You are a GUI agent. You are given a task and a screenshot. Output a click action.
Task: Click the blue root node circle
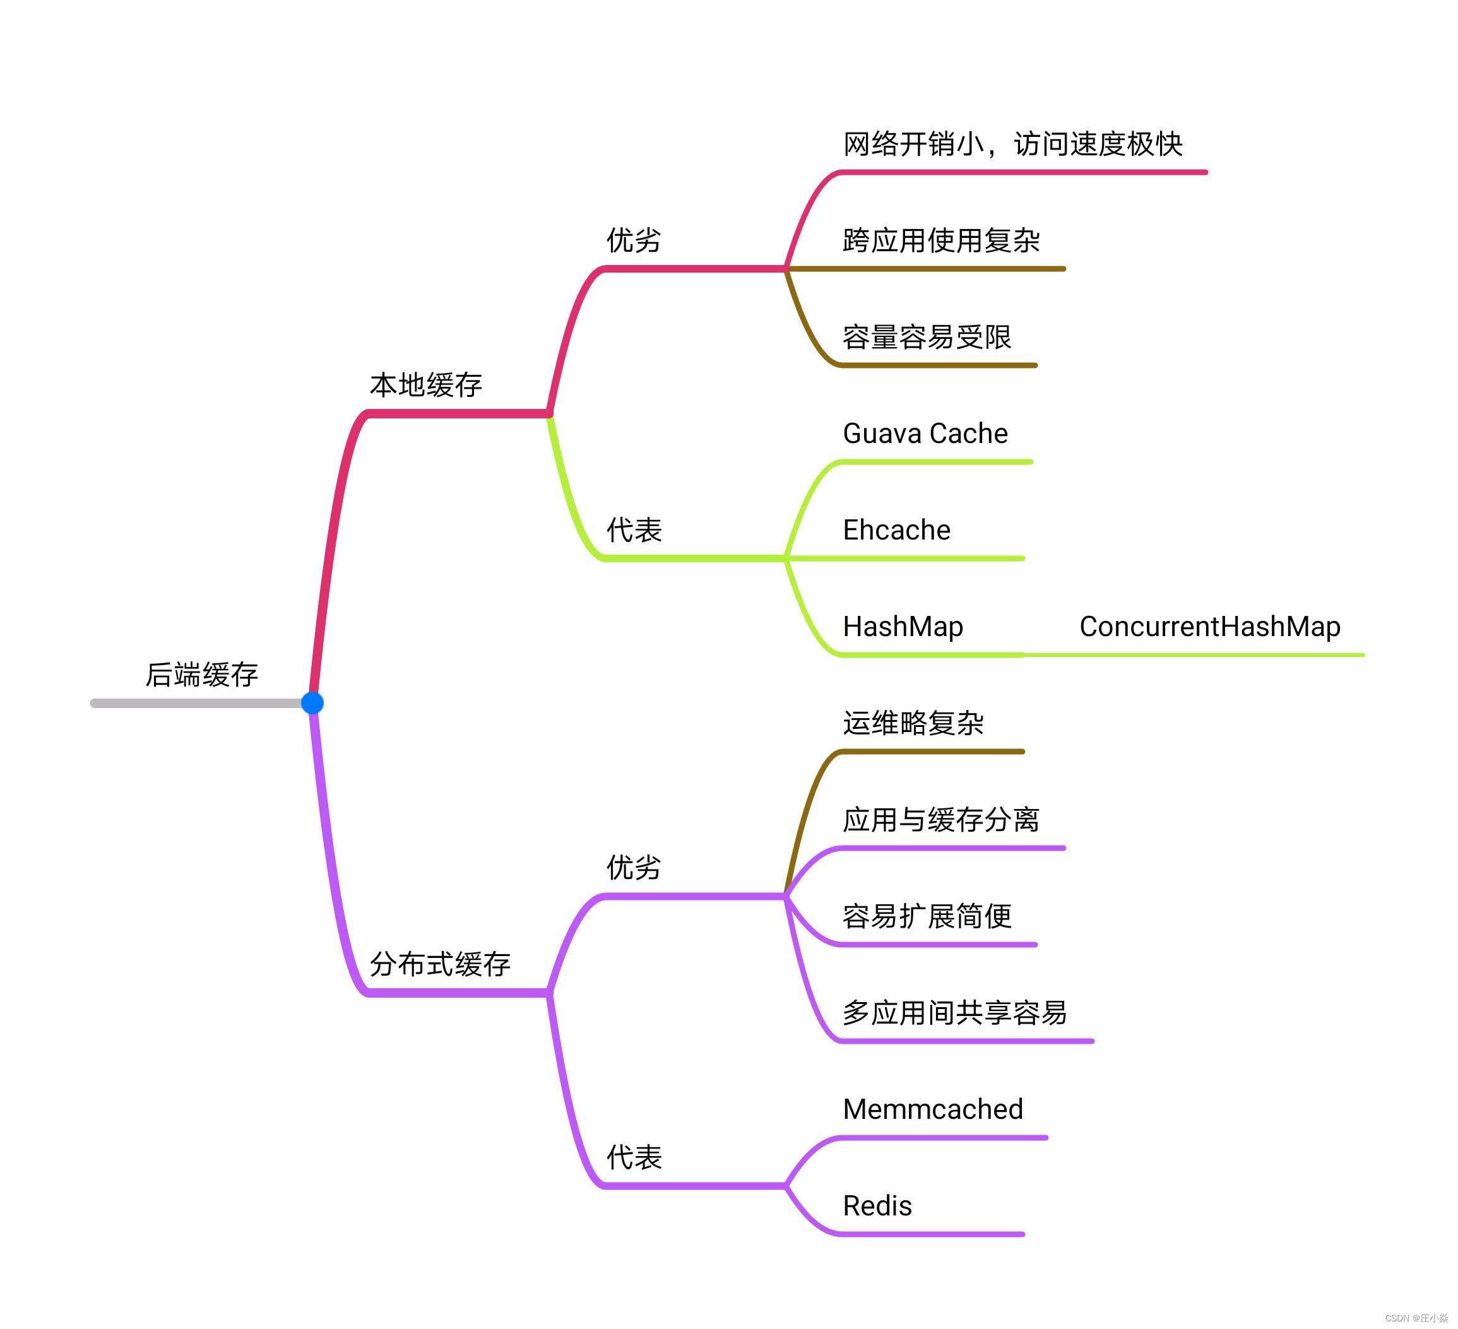(x=312, y=702)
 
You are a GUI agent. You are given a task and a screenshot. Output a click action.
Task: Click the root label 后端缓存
(x=202, y=674)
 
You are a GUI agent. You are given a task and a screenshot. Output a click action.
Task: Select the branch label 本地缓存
(x=426, y=385)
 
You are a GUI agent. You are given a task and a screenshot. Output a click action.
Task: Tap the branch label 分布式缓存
(x=440, y=964)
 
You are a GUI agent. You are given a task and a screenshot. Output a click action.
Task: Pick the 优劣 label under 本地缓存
(x=634, y=240)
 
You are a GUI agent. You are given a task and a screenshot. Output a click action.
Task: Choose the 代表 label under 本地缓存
(x=634, y=530)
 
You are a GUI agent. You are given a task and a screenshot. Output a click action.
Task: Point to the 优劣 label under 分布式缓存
(x=634, y=867)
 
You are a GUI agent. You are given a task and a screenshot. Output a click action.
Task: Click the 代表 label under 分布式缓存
(x=634, y=1157)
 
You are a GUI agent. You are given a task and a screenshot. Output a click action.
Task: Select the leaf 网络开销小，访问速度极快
(x=1012, y=144)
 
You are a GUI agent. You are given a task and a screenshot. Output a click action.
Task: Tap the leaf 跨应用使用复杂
(x=941, y=240)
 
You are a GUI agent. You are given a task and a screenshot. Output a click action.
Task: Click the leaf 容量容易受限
(x=927, y=337)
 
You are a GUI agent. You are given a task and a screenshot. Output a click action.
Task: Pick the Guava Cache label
(x=925, y=433)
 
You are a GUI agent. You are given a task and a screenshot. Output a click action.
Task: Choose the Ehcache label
(x=896, y=530)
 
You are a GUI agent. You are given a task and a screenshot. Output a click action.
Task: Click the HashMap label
(x=903, y=626)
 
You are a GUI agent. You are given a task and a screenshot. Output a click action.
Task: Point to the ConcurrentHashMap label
(x=1209, y=626)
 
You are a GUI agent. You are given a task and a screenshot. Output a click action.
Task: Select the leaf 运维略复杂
(x=913, y=723)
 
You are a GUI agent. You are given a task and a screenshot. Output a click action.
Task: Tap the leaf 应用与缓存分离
(x=941, y=819)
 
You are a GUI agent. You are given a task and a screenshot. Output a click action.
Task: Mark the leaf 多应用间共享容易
(x=954, y=1012)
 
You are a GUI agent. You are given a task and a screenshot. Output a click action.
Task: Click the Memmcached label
(x=932, y=1109)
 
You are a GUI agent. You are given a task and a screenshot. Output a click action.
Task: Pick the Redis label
(x=877, y=1205)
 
